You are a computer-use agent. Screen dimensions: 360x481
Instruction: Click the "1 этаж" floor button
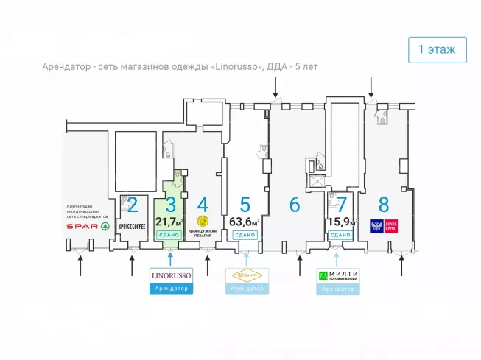tap(437, 50)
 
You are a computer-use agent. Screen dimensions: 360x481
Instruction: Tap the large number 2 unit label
tap(133, 205)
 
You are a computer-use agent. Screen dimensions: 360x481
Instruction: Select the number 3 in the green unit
tap(171, 205)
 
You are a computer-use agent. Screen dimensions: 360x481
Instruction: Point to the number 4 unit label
tap(203, 205)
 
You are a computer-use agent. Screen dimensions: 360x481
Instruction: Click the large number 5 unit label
tap(245, 205)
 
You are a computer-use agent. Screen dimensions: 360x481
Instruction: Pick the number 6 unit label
tap(295, 205)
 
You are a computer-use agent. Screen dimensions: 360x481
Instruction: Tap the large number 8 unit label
tap(384, 205)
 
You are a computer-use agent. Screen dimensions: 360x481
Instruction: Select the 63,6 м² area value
tap(245, 222)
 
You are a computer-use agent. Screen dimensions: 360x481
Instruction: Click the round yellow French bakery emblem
tap(203, 220)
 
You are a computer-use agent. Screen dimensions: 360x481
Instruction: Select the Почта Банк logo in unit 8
tap(384, 225)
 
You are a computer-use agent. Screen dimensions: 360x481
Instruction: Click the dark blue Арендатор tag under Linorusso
tap(171, 289)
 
